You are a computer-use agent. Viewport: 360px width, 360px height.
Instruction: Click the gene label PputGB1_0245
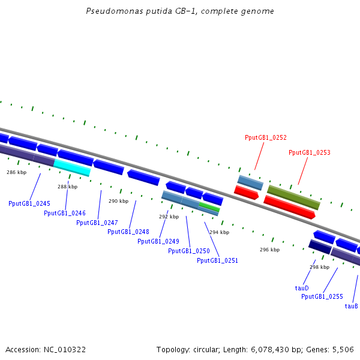tap(29, 203)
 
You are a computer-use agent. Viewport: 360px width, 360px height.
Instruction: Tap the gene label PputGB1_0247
tap(97, 223)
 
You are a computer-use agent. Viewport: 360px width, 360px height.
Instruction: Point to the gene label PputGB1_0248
tap(128, 232)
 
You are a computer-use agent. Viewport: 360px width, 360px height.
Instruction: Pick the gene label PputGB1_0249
tap(158, 241)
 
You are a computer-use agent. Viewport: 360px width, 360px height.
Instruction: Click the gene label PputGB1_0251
tap(217, 260)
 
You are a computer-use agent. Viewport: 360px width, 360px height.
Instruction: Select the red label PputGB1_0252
tap(265, 137)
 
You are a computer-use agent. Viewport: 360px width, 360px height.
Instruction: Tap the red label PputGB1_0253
tap(310, 152)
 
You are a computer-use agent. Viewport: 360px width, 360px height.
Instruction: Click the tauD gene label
tap(302, 288)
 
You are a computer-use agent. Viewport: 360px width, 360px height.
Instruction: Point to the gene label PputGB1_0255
tap(322, 296)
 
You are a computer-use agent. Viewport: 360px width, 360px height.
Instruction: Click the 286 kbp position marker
tap(17, 172)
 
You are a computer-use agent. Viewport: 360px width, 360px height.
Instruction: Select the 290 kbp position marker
tap(118, 201)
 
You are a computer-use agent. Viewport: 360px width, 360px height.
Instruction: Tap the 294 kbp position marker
tap(219, 232)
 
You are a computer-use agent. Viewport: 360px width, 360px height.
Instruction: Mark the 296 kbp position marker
tap(269, 250)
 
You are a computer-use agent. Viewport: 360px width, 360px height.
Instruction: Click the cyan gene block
tap(72, 167)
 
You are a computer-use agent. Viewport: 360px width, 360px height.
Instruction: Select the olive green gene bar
tap(293, 197)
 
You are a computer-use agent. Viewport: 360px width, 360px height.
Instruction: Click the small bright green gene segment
tap(209, 206)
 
